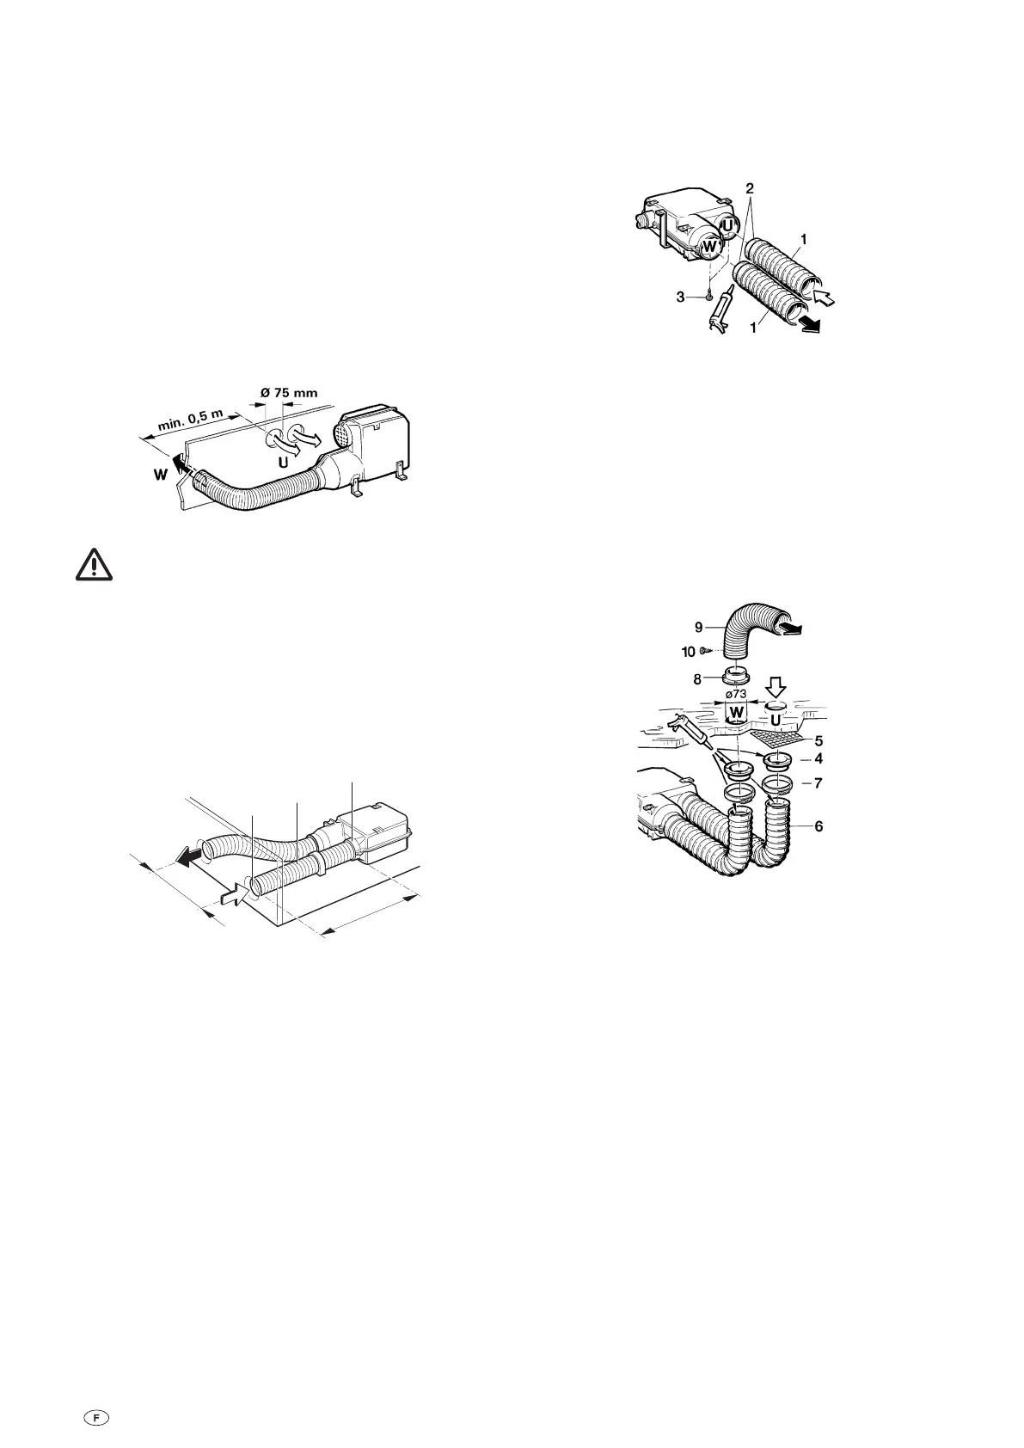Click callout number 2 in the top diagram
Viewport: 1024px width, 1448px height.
tap(750, 187)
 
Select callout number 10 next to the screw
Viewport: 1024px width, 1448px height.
tap(689, 652)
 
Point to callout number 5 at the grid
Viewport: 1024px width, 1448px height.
tap(819, 739)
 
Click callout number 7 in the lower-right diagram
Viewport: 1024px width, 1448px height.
tap(819, 783)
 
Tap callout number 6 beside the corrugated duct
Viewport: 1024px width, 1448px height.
tap(819, 825)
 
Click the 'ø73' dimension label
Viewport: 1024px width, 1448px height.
tap(737, 695)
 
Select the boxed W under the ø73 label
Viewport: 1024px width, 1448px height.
tap(737, 713)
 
